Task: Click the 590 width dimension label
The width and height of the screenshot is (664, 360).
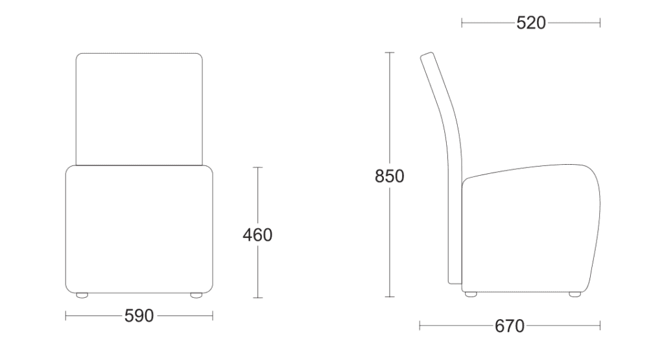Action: pos(139,316)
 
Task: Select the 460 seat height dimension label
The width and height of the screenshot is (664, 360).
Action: pos(257,235)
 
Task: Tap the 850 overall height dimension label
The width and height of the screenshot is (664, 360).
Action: pos(390,176)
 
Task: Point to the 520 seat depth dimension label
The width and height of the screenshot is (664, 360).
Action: pos(531,23)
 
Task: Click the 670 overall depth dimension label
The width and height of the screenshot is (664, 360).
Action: pos(510,326)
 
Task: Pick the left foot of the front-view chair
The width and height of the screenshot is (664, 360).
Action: pos(82,295)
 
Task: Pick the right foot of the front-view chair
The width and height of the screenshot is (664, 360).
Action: pos(195,295)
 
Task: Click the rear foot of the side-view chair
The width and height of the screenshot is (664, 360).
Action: pos(471,294)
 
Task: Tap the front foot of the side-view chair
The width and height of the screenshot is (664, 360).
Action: pos(575,294)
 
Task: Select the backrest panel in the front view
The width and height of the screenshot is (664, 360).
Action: pos(139,109)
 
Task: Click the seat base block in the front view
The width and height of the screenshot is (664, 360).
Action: pos(139,227)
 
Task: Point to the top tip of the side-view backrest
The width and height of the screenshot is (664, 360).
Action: pos(426,56)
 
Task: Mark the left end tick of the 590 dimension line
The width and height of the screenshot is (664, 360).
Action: pos(66,316)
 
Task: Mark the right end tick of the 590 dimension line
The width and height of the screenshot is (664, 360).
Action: pos(213,316)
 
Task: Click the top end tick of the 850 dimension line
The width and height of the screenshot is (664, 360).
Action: pos(390,52)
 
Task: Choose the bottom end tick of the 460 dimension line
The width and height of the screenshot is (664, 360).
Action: pos(257,298)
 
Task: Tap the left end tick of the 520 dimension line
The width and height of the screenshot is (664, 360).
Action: pos(462,23)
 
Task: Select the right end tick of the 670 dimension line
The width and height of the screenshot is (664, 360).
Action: pos(600,326)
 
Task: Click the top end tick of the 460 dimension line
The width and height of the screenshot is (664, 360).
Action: pos(257,167)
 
